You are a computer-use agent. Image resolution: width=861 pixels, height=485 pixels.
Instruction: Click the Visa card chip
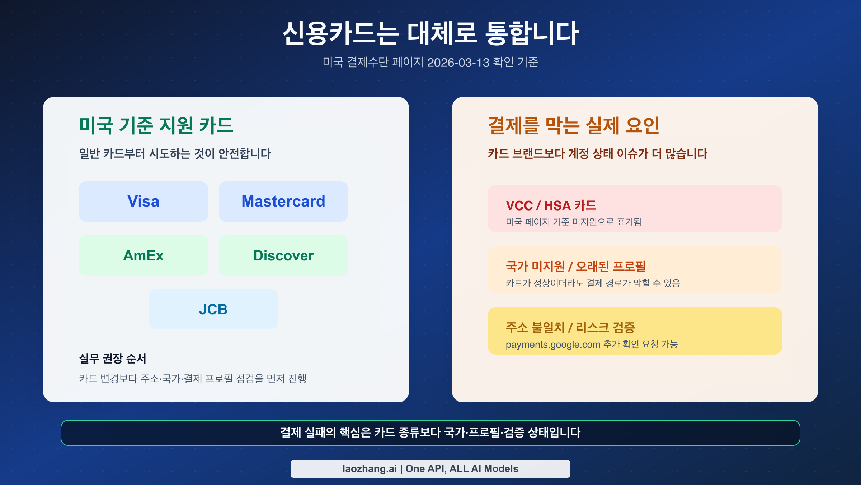pos(143,201)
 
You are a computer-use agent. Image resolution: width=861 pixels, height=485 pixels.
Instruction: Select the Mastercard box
pos(283,201)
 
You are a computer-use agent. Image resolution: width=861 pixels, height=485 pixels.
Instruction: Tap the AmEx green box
pos(143,255)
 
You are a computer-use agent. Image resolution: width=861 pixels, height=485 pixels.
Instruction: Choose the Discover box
pos(283,255)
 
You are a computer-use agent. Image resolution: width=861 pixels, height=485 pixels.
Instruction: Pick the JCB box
pos(213,309)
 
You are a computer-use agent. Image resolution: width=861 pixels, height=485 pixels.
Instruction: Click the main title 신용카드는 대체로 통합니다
pos(430,33)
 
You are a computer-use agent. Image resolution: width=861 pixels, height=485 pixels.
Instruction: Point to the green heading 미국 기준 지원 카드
pos(156,125)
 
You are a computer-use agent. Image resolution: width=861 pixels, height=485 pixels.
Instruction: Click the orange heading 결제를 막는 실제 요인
pos(574,125)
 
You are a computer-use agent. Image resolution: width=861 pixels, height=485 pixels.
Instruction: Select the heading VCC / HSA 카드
pos(551,205)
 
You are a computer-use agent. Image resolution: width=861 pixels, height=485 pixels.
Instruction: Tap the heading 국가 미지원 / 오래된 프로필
pos(575,266)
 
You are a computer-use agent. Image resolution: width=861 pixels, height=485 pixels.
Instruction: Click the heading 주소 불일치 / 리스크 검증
pos(570,327)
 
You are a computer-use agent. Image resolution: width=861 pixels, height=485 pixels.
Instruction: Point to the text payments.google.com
pos(553,345)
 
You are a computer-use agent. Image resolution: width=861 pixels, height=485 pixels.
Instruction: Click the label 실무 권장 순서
pos(112,358)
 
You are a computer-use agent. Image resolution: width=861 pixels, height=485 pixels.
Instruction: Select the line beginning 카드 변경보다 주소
pos(193,378)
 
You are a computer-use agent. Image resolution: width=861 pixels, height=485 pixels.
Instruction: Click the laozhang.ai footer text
pos(430,468)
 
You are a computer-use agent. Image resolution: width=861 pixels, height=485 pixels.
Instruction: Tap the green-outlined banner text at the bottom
pos(430,432)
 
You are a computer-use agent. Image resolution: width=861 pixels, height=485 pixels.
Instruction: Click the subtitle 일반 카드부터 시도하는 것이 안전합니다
pos(175,154)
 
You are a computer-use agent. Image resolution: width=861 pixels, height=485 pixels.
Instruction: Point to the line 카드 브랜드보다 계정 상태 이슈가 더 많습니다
pos(597,154)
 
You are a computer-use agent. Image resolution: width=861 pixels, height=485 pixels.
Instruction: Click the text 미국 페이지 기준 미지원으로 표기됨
pos(573,222)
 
